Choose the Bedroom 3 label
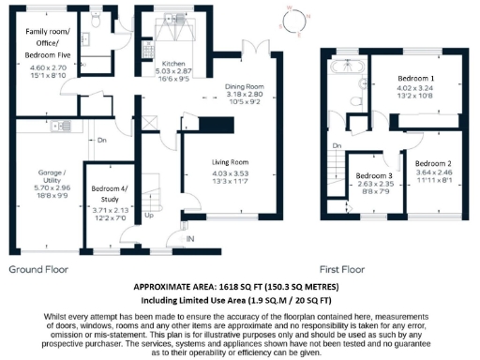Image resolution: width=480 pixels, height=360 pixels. pyautogui.click(x=375, y=175)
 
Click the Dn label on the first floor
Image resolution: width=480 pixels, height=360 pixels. pyautogui.click(x=337, y=145)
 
